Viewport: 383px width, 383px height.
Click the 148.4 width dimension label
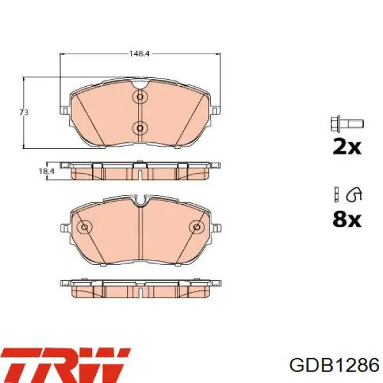(139, 54)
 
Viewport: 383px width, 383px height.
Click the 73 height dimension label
(24, 112)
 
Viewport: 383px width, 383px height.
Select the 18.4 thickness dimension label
(47, 171)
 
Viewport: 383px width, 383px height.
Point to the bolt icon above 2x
(347, 123)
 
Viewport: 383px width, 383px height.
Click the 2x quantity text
(347, 147)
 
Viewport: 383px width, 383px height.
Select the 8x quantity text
(347, 220)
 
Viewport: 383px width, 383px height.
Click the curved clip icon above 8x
(354, 195)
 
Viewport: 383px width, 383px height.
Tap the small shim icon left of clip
(336, 195)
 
